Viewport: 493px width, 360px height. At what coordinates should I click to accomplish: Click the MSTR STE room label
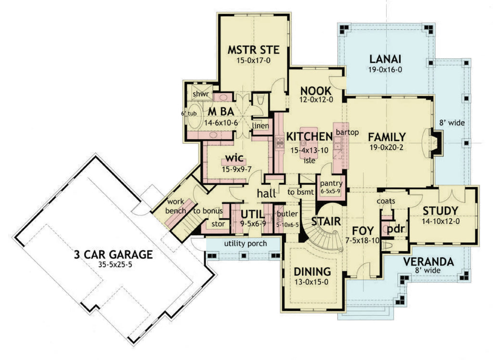[254, 51]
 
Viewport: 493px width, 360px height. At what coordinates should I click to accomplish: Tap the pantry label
[331, 183]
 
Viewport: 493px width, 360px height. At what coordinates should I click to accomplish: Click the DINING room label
[312, 271]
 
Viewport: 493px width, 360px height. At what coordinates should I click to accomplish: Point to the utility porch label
[245, 244]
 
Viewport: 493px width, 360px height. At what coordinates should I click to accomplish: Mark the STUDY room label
[440, 211]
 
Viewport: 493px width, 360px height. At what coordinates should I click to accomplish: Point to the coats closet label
[386, 200]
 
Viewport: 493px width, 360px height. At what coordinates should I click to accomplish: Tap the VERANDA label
[428, 262]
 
